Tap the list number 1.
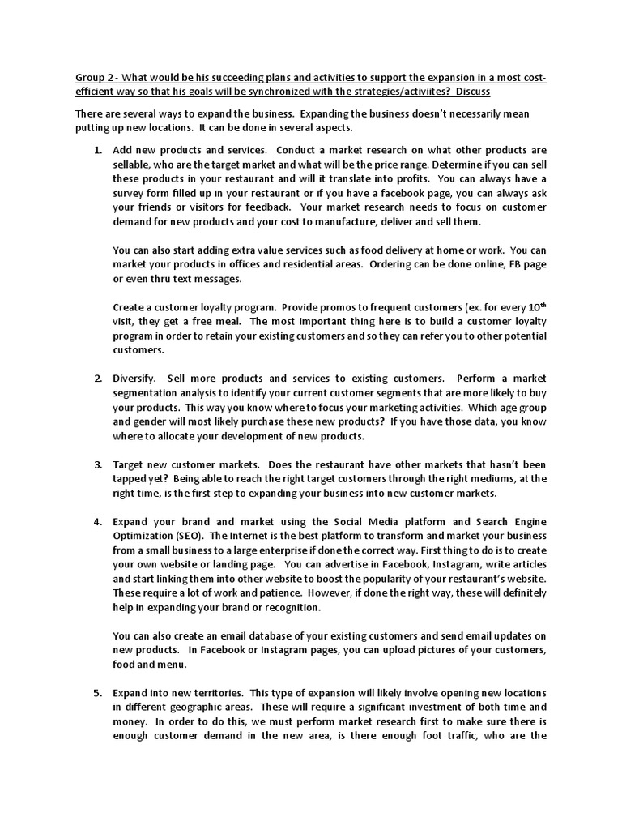coord(97,150)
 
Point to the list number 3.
coord(97,464)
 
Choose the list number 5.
coord(97,693)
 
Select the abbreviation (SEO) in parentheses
coord(191,536)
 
